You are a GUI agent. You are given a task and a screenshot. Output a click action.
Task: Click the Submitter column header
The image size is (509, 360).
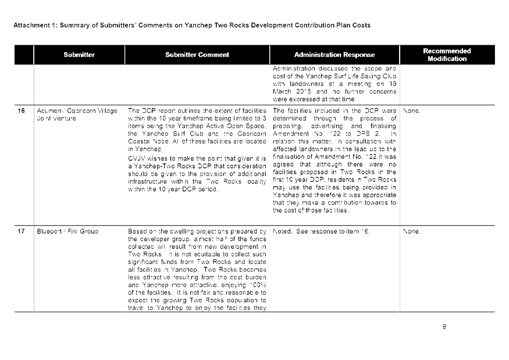(x=79, y=55)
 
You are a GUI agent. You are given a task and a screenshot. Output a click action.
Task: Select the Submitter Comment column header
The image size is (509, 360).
(x=197, y=55)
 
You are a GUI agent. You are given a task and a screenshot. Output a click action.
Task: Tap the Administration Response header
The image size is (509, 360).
(x=334, y=55)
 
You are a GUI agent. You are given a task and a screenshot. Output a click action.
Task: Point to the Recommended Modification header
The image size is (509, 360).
(x=447, y=55)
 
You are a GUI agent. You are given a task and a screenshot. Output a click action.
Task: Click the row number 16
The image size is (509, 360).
(x=22, y=111)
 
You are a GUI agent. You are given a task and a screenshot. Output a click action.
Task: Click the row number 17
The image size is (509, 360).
(x=22, y=231)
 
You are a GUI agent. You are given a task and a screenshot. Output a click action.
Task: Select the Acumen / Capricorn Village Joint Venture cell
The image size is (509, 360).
(x=77, y=113)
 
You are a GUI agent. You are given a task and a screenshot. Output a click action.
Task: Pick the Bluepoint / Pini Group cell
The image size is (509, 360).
(x=67, y=231)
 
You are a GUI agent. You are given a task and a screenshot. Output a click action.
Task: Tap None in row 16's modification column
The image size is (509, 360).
(x=411, y=111)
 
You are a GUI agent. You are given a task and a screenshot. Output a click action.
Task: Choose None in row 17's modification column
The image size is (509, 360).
(x=411, y=231)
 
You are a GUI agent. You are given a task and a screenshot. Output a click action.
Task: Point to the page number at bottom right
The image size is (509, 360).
(x=444, y=326)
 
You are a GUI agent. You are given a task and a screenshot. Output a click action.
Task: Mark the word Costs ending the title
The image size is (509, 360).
(x=361, y=26)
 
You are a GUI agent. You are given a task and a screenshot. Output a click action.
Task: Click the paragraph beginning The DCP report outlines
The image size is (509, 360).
(x=197, y=130)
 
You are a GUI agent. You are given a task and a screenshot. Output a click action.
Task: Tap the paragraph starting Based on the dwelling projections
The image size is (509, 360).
(x=197, y=269)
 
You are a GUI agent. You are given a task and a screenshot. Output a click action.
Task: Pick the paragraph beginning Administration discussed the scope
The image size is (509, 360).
(x=334, y=84)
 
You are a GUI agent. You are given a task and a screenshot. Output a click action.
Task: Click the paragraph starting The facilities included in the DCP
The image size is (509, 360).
(x=334, y=161)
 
